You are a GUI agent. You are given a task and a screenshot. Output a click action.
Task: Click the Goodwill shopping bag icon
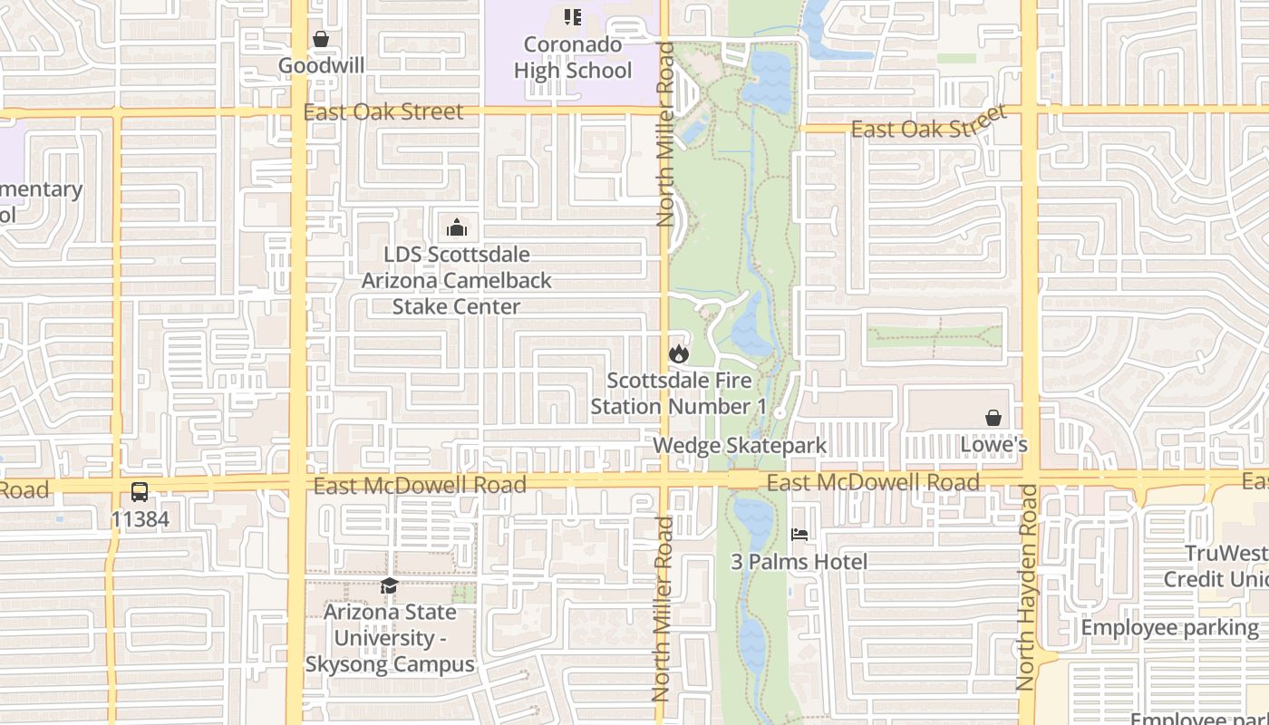[x=321, y=39]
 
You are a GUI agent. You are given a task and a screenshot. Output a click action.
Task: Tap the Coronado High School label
[x=573, y=57]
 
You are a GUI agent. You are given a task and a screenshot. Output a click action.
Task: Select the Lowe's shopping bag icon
[x=993, y=418]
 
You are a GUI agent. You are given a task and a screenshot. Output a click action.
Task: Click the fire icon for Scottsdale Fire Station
[x=678, y=353]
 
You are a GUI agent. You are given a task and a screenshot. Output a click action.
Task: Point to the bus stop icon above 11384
[x=140, y=492]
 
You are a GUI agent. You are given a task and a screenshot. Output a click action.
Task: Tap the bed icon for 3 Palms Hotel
[x=799, y=535]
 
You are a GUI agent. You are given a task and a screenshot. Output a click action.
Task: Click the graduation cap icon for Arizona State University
[x=390, y=585]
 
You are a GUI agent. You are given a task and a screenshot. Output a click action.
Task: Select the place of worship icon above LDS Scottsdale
[x=457, y=227]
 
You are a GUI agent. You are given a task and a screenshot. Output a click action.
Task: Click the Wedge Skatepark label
[x=740, y=445]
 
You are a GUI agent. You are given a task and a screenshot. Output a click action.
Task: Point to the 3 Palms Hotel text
[x=799, y=562]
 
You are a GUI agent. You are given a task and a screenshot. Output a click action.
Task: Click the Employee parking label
[x=1169, y=627]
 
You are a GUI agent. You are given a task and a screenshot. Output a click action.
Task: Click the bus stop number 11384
[x=140, y=519]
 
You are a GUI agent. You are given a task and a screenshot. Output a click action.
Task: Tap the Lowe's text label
[x=993, y=445]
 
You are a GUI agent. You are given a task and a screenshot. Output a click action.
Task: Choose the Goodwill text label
[x=321, y=65]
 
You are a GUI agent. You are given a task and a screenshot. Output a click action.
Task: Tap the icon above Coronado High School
[x=572, y=17]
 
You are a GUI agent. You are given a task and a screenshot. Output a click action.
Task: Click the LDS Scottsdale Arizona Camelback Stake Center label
[x=457, y=280]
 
